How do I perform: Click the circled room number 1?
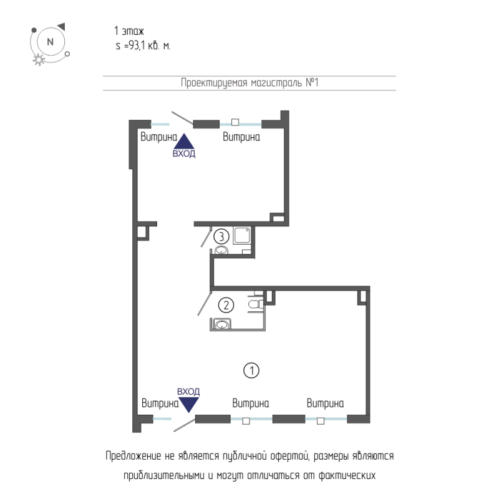point(251,371)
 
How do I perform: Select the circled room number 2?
point(226,305)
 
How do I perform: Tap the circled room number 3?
point(221,236)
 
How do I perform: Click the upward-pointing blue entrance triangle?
point(183,142)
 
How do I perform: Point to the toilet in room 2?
point(256,304)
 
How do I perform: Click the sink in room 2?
point(221,324)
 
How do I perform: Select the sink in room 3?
point(221,250)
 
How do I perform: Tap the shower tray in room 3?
point(241,235)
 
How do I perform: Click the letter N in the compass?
point(51,42)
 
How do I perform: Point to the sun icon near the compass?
point(39,59)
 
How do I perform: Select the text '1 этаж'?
point(129,31)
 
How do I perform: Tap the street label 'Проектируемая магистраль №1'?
point(249,83)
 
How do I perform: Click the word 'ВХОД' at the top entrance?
point(184,153)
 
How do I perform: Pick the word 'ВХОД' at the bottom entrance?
point(188,392)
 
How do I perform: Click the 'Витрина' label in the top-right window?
point(241,137)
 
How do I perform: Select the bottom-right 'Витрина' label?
point(325,403)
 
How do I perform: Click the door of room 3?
point(206,236)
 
